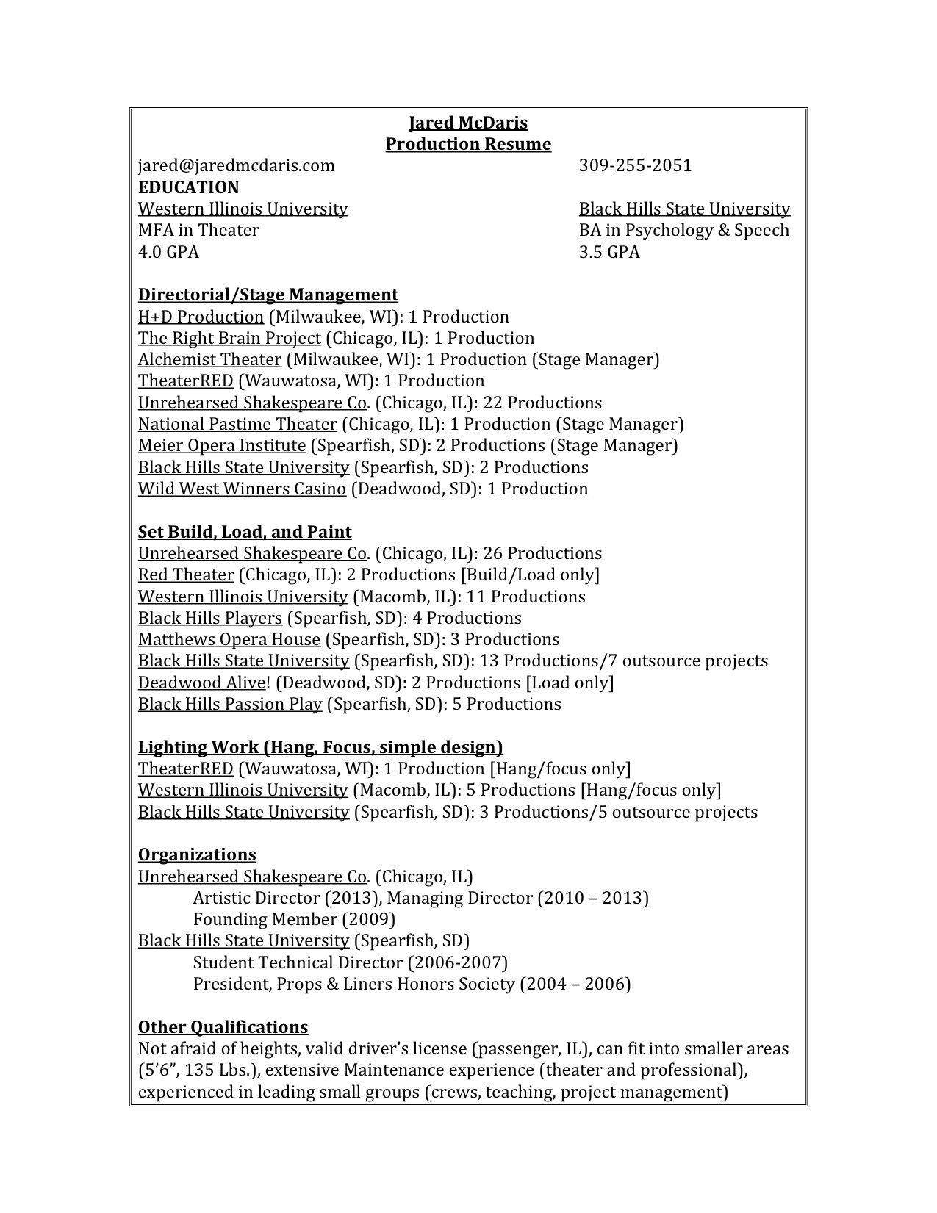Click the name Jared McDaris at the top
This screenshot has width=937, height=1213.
coord(468,123)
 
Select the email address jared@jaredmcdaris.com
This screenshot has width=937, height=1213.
coord(236,165)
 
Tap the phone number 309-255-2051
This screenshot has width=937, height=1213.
coord(635,165)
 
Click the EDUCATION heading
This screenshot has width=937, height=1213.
coord(188,187)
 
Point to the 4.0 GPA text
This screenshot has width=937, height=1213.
coord(168,252)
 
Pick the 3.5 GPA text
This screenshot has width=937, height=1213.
coord(609,252)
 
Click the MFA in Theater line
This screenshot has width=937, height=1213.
coord(198,231)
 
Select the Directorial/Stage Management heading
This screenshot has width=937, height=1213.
coord(268,295)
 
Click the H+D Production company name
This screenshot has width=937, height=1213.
coord(201,317)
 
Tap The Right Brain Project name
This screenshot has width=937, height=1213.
coord(229,338)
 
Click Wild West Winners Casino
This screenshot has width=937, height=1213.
coord(242,489)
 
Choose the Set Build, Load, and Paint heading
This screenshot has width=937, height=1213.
coord(245,532)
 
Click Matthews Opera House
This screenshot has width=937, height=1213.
coord(229,639)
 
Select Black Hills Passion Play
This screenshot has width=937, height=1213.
coord(230,704)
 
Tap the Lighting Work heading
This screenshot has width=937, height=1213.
coord(320,747)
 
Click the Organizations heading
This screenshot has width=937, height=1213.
coord(197,854)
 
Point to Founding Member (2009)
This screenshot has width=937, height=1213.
coord(294,919)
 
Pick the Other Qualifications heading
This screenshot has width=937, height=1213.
coord(223,1027)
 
